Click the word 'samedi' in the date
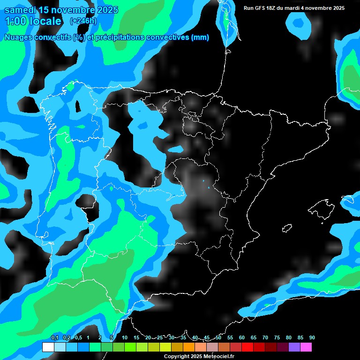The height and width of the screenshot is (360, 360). (20, 10)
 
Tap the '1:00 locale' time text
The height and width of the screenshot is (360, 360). (33, 21)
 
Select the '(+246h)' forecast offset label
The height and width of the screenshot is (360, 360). (83, 21)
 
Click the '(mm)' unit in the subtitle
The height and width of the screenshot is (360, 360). (200, 37)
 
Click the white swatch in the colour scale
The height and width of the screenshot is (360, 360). (48, 347)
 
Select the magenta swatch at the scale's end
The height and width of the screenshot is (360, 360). (306, 347)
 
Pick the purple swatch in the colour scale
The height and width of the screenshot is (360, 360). (294, 347)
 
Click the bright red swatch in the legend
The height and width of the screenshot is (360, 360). (247, 347)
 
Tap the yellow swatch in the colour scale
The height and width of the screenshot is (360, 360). (165, 347)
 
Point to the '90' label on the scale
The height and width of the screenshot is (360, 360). (312, 338)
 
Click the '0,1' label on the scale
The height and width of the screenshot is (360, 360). (54, 338)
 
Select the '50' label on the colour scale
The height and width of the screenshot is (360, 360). (218, 338)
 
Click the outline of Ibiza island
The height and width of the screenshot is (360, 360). (287, 228)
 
